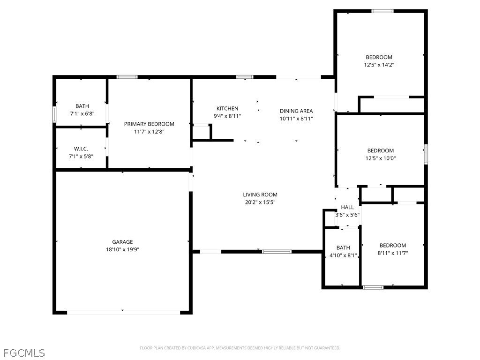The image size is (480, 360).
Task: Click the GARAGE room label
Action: pyautogui.click(x=122, y=242)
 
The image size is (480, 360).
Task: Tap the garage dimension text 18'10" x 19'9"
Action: pyautogui.click(x=122, y=249)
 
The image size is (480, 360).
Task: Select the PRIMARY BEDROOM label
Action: pyautogui.click(x=149, y=124)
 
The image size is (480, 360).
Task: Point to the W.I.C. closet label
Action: pyautogui.click(x=81, y=149)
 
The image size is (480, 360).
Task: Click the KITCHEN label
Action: pyautogui.click(x=227, y=108)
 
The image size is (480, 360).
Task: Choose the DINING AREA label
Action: pyautogui.click(x=296, y=111)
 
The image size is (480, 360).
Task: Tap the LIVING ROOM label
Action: pyautogui.click(x=260, y=195)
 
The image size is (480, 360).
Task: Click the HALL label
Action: pyautogui.click(x=347, y=207)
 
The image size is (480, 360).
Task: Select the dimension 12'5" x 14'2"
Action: pyautogui.click(x=379, y=65)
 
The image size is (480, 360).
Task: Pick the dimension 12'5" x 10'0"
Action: pyautogui.click(x=381, y=158)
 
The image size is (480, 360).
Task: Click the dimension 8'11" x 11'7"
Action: pyautogui.click(x=393, y=253)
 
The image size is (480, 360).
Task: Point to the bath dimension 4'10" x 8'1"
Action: pyautogui.click(x=343, y=255)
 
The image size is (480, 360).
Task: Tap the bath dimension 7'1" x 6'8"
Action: pyautogui.click(x=82, y=113)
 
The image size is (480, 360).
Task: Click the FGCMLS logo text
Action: pyautogui.click(x=24, y=353)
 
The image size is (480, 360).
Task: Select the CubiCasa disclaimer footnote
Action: pyautogui.click(x=240, y=348)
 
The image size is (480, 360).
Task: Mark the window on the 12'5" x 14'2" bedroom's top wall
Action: pyautogui.click(x=382, y=11)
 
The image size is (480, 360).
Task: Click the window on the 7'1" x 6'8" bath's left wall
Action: pyautogui.click(x=54, y=114)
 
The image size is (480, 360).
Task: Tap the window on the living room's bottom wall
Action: pyautogui.click(x=277, y=252)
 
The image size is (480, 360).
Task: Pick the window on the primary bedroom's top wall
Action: pyautogui.click(x=127, y=77)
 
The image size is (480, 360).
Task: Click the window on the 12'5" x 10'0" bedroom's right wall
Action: pyautogui.click(x=426, y=155)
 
